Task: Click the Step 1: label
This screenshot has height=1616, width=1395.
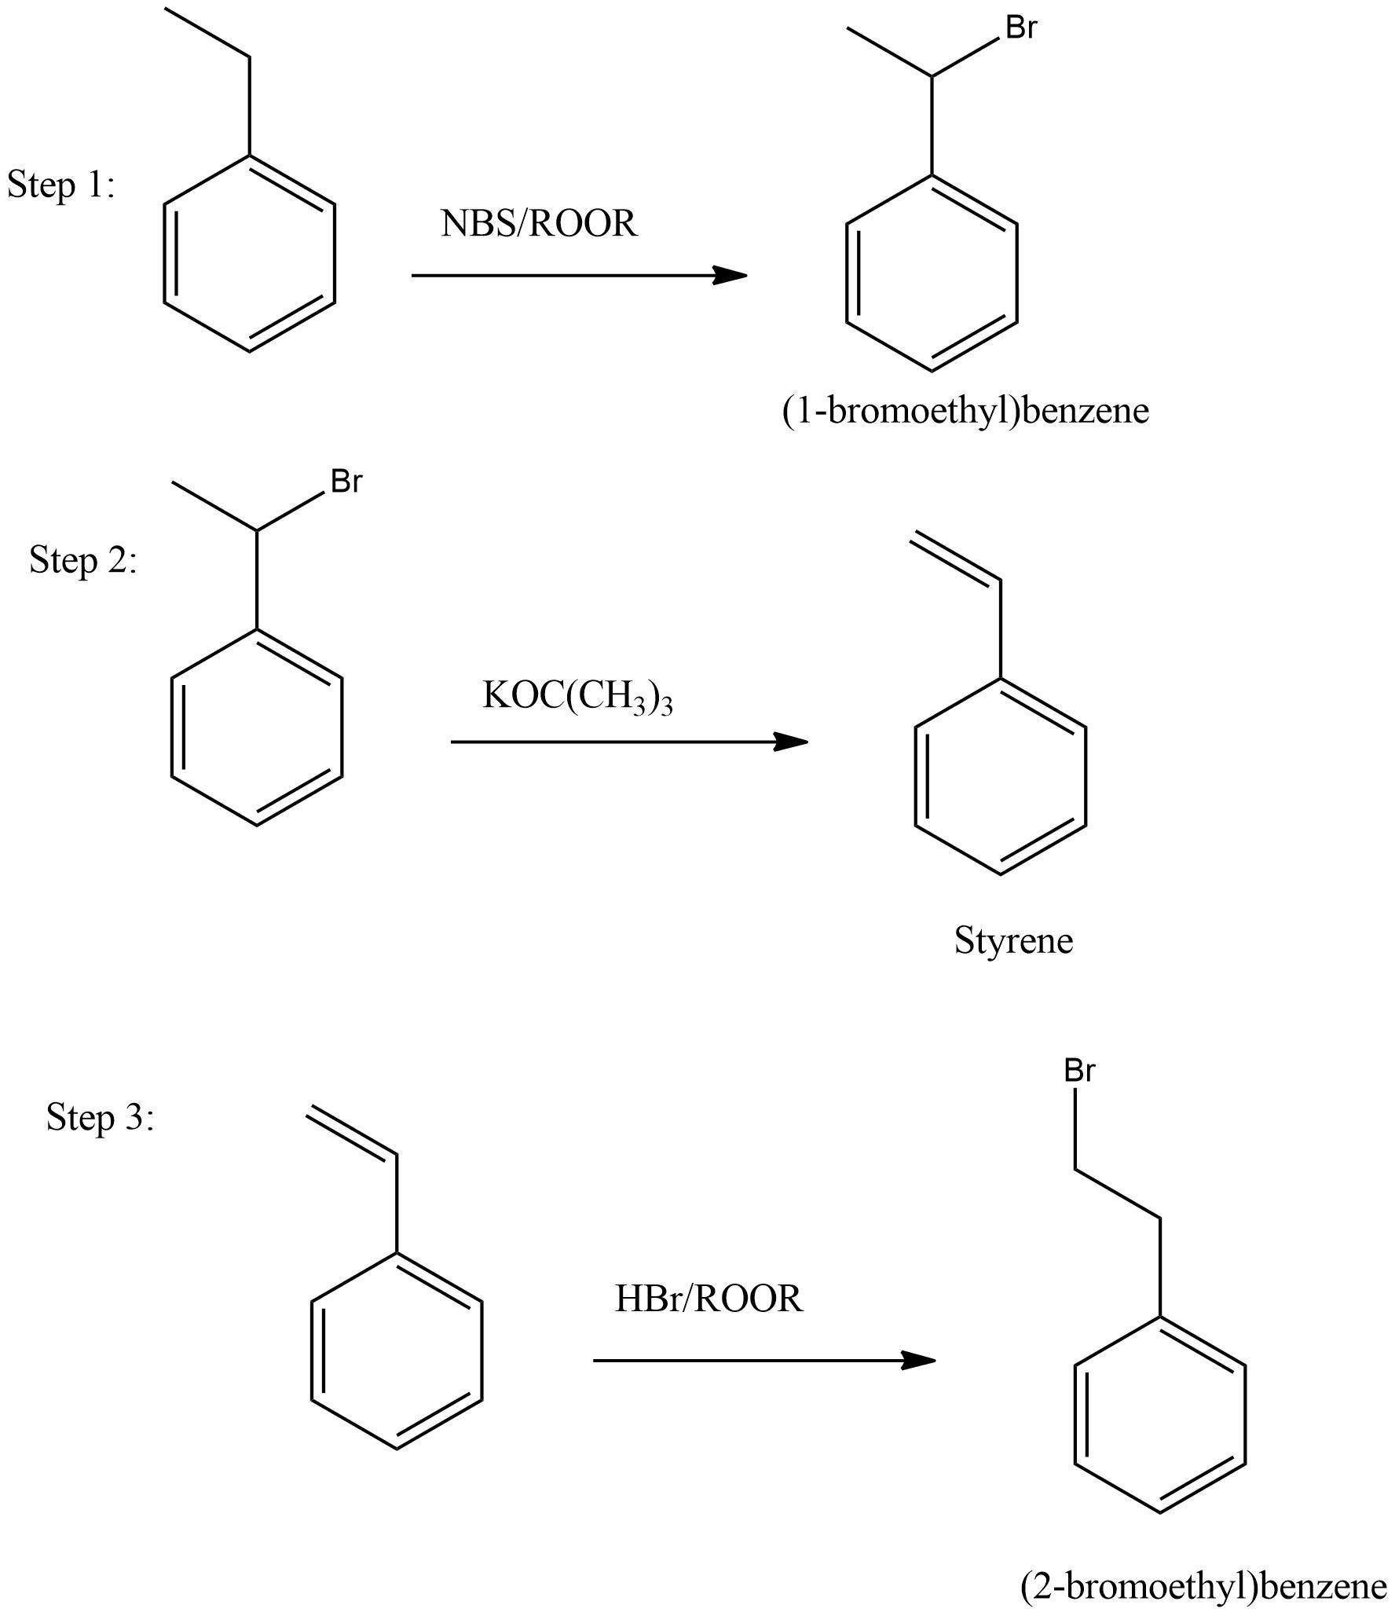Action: coord(61,185)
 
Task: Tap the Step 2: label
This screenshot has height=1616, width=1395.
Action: coord(83,561)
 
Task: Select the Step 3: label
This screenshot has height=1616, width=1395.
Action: coord(100,1116)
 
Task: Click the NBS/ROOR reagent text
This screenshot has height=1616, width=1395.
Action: coord(539,224)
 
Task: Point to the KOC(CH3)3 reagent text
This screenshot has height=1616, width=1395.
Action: coord(577,696)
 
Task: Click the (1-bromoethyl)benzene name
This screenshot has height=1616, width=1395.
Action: coord(965,410)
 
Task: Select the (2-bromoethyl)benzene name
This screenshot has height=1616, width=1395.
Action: coord(1203,1585)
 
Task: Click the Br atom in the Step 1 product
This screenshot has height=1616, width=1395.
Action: coord(1021,28)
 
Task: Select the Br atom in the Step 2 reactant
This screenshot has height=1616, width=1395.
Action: coord(346,482)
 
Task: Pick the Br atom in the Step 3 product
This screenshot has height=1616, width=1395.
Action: coord(1080,1070)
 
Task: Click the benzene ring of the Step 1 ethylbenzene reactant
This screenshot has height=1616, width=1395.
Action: coord(250,254)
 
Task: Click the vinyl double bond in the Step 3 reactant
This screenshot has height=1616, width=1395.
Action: coord(352,1132)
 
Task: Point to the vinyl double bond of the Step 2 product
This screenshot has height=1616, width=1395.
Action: coord(956,558)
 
